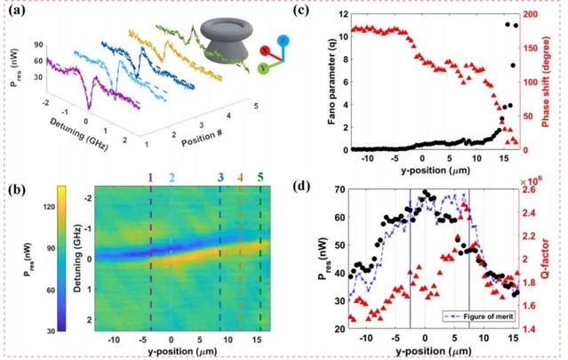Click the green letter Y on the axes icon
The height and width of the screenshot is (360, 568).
pyautogui.click(x=261, y=68)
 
